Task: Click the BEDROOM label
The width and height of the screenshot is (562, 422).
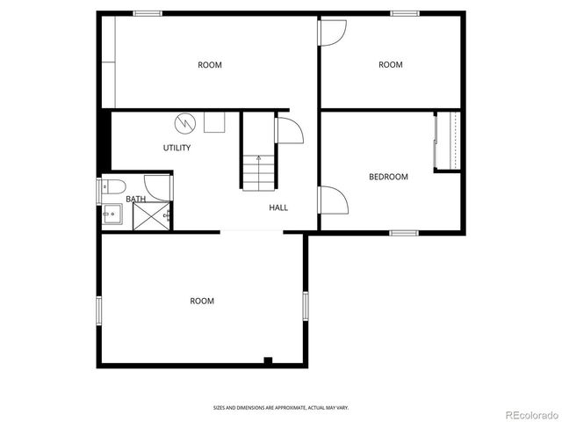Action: pos(387,177)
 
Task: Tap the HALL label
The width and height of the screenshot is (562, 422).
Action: pos(278,207)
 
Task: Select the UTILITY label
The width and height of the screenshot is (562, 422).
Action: pos(177,148)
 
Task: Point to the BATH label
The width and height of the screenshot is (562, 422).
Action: pos(135,199)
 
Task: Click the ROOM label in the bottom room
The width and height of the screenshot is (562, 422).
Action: pos(202,301)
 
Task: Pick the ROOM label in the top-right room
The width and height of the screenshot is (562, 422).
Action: pos(390,64)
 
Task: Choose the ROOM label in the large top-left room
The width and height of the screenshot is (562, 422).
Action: pos(209,64)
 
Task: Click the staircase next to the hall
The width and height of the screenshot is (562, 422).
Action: pos(260,172)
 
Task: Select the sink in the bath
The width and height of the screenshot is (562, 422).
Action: pos(110,214)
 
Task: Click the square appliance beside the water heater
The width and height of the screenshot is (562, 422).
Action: pos(214,121)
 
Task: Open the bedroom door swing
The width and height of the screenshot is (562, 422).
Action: pos(331,200)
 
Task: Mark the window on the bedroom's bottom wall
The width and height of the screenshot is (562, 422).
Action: pos(403,233)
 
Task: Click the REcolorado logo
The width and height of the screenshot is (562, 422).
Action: pos(522,412)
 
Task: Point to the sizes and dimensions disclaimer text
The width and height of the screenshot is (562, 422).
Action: pos(280,407)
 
